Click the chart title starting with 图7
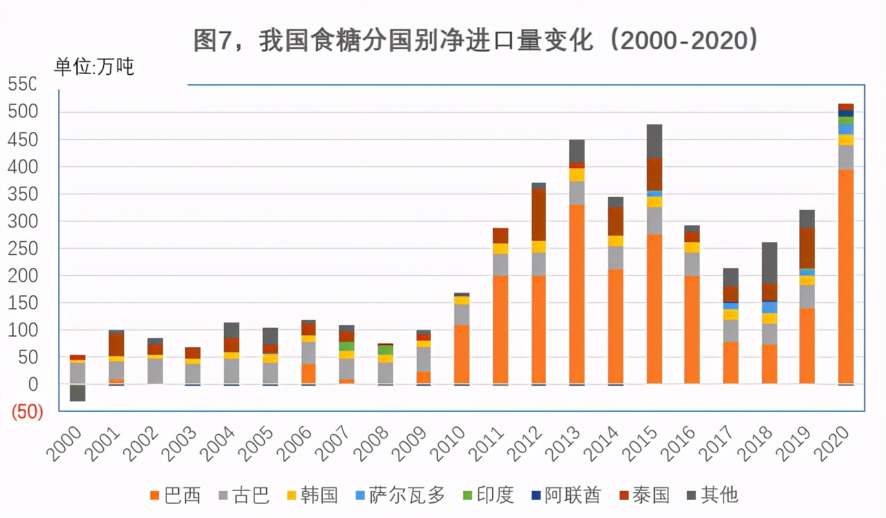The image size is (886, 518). [x=476, y=41]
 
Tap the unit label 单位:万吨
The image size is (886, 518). [x=94, y=67]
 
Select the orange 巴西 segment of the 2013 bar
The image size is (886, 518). [x=577, y=294]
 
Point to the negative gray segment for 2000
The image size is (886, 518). [x=78, y=393]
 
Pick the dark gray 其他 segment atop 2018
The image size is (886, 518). [x=769, y=263]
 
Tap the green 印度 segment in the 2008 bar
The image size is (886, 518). [x=385, y=350]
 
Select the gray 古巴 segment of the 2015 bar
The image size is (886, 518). [x=654, y=221]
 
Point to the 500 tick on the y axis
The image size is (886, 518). [x=23, y=112]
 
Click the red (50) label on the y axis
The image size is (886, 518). [x=26, y=412]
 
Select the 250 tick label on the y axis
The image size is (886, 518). [x=23, y=249]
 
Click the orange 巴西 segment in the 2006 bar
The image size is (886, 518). [x=308, y=374]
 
